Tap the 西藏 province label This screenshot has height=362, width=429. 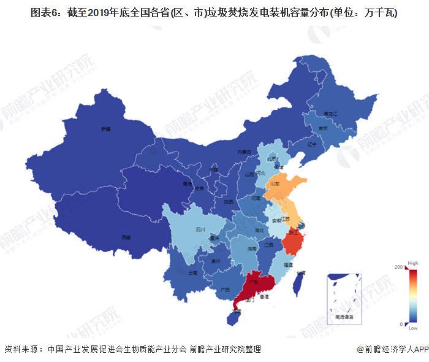126,236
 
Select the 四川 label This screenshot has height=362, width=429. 200,229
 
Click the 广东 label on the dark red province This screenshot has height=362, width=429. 251,284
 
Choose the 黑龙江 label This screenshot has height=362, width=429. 331,114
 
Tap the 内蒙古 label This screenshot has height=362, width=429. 245,152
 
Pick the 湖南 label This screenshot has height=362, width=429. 251,249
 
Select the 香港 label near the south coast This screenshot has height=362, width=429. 264,296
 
